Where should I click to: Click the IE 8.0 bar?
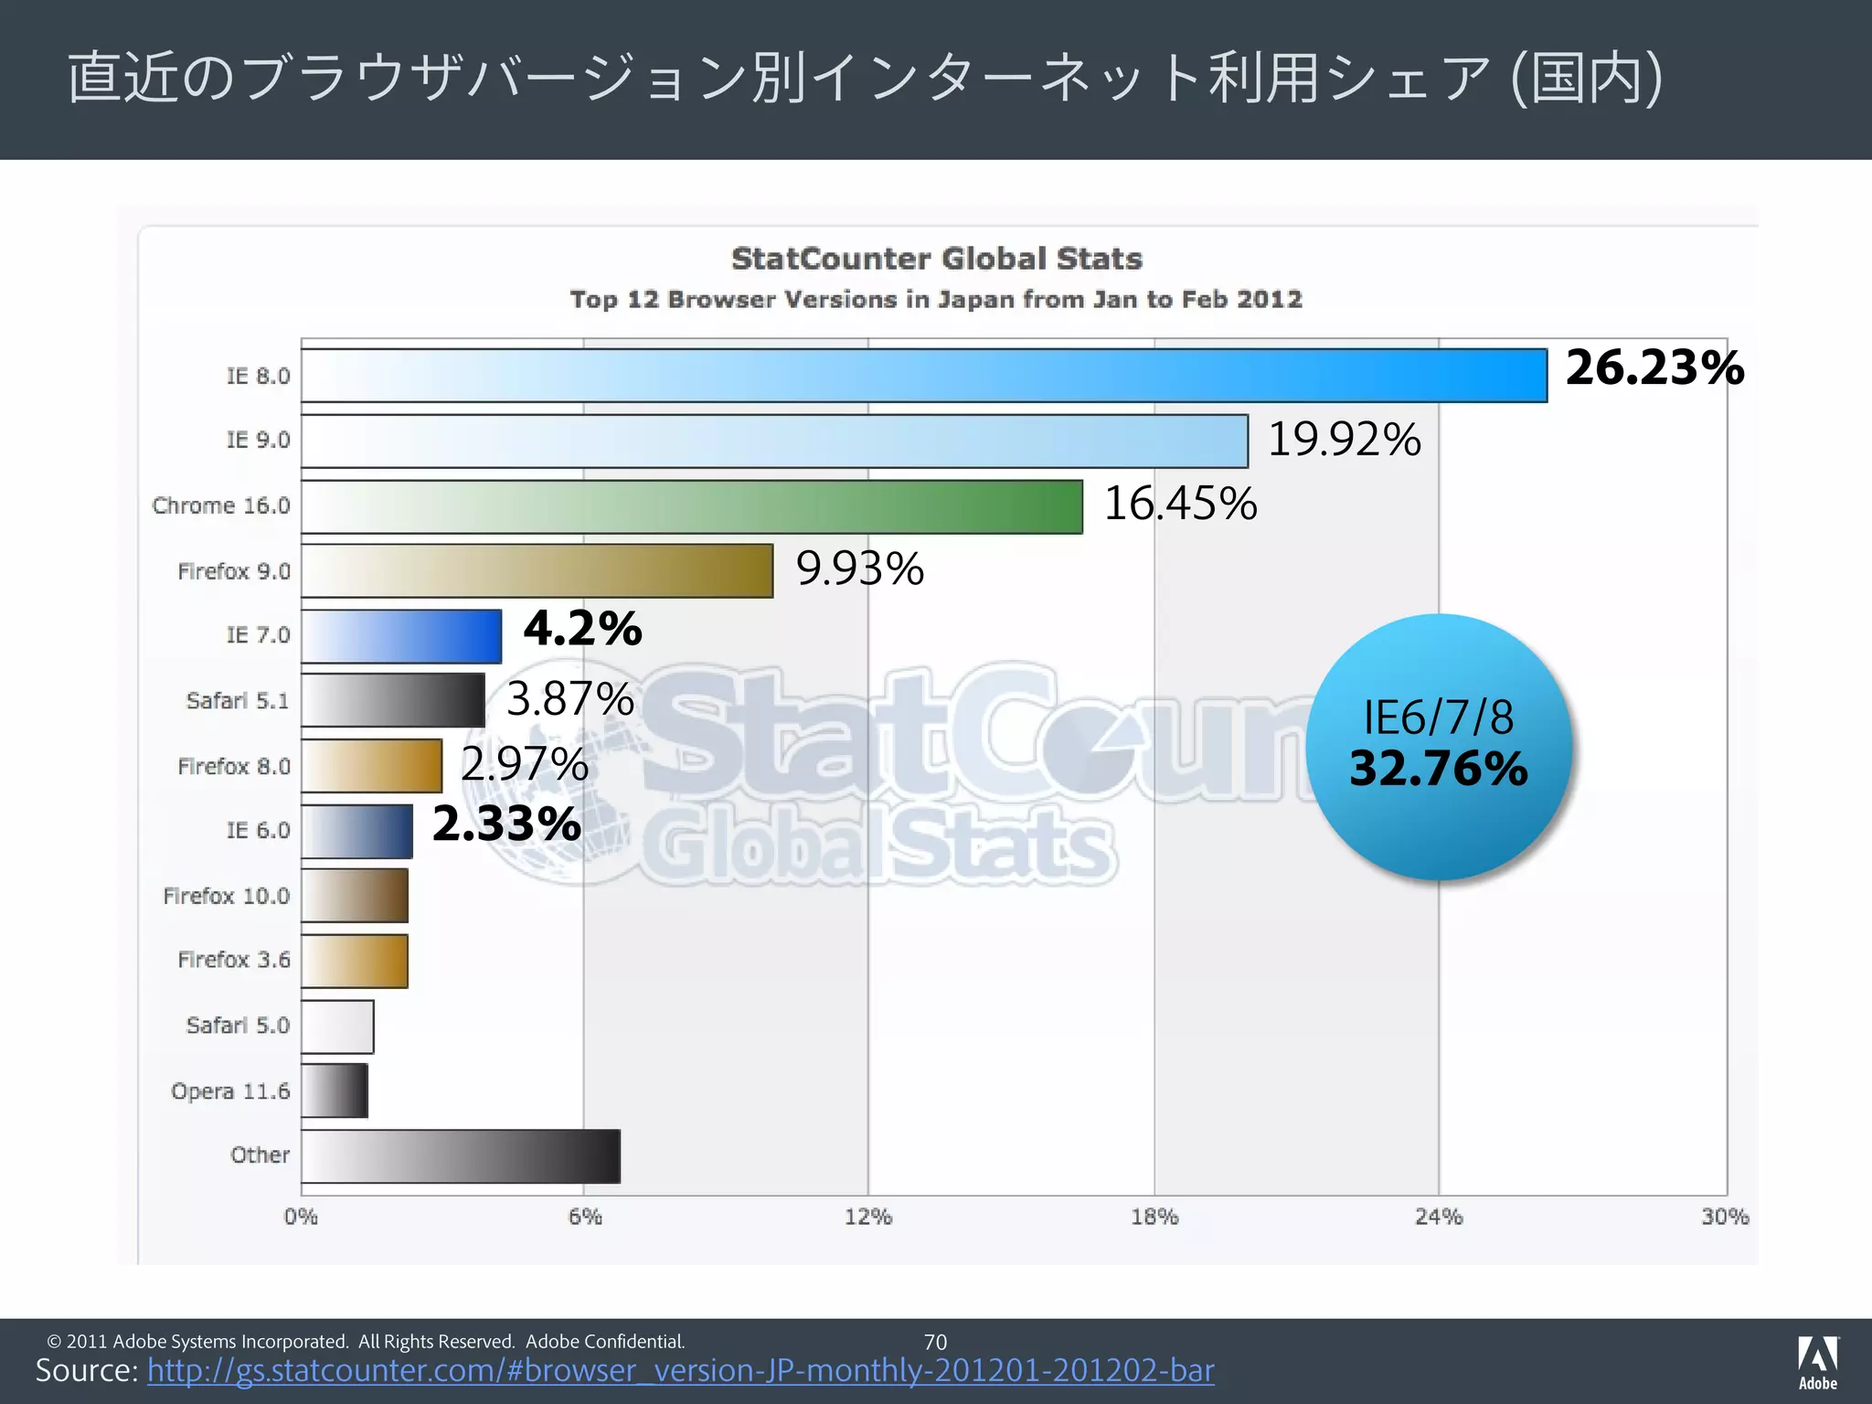pyautogui.click(x=923, y=376)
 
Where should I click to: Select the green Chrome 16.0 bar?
pyautogui.click(x=692, y=506)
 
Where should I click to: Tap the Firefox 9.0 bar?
pyautogui.click(x=537, y=571)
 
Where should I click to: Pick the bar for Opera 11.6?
pyautogui.click(x=335, y=1090)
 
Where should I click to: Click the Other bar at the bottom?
pyautogui.click(x=461, y=1156)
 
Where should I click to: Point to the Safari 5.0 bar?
pyautogui.click(x=337, y=1026)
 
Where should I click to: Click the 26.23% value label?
pyautogui.click(x=1654, y=367)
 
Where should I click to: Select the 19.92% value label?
pyautogui.click(x=1344, y=439)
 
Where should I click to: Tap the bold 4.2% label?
pyautogui.click(x=582, y=629)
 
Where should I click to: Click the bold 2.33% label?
pyautogui.click(x=506, y=824)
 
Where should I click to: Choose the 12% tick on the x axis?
pyautogui.click(x=868, y=1217)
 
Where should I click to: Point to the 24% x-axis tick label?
pyautogui.click(x=1439, y=1217)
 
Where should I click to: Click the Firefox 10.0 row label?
pyautogui.click(x=226, y=896)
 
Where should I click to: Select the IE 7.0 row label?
pyautogui.click(x=258, y=635)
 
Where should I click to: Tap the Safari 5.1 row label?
pyautogui.click(x=237, y=701)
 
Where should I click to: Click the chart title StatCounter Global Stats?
pyautogui.click(x=936, y=259)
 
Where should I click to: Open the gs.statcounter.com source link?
pyautogui.click(x=680, y=1371)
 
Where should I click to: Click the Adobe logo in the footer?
pyautogui.click(x=1817, y=1362)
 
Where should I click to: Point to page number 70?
pyautogui.click(x=935, y=1342)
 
